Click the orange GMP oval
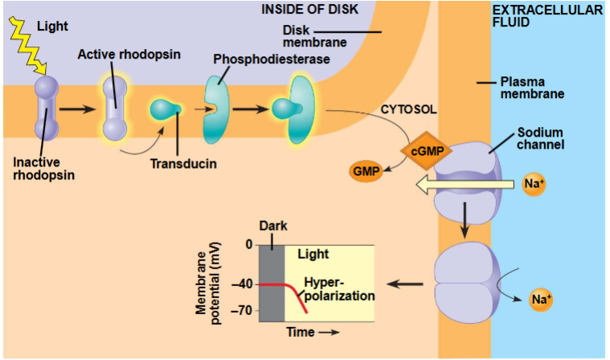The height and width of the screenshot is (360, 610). point(363,170)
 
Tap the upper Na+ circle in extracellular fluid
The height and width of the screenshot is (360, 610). point(534,184)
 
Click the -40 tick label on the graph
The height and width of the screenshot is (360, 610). point(241,284)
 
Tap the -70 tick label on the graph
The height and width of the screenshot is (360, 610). point(241,310)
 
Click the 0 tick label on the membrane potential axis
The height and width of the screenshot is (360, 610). point(248,244)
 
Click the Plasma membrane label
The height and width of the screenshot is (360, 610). point(531,87)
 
